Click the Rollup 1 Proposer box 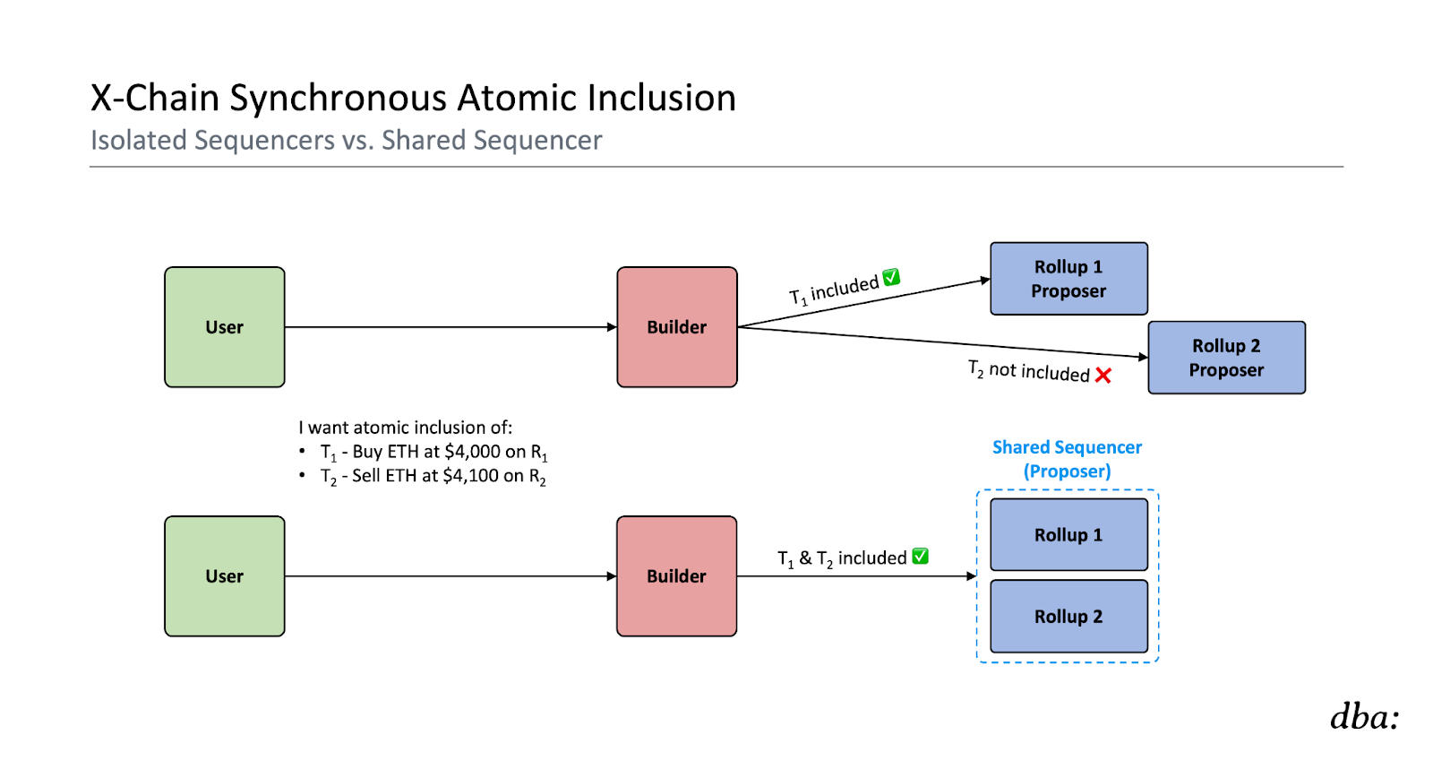point(1068,279)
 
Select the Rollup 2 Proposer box point(1226,357)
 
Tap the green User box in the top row point(225,327)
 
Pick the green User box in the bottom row point(225,576)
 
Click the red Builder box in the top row point(677,327)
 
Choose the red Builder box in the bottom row point(677,576)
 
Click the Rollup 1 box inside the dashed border point(1068,534)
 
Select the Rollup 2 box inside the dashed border point(1068,616)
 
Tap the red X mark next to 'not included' point(1103,375)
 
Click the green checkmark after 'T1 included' point(891,277)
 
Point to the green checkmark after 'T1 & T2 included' point(920,557)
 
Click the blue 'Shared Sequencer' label point(1067,447)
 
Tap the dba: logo point(1365,716)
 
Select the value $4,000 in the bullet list point(472,451)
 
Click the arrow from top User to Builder point(451,327)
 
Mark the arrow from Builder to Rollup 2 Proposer point(942,342)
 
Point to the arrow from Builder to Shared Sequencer point(856,576)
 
